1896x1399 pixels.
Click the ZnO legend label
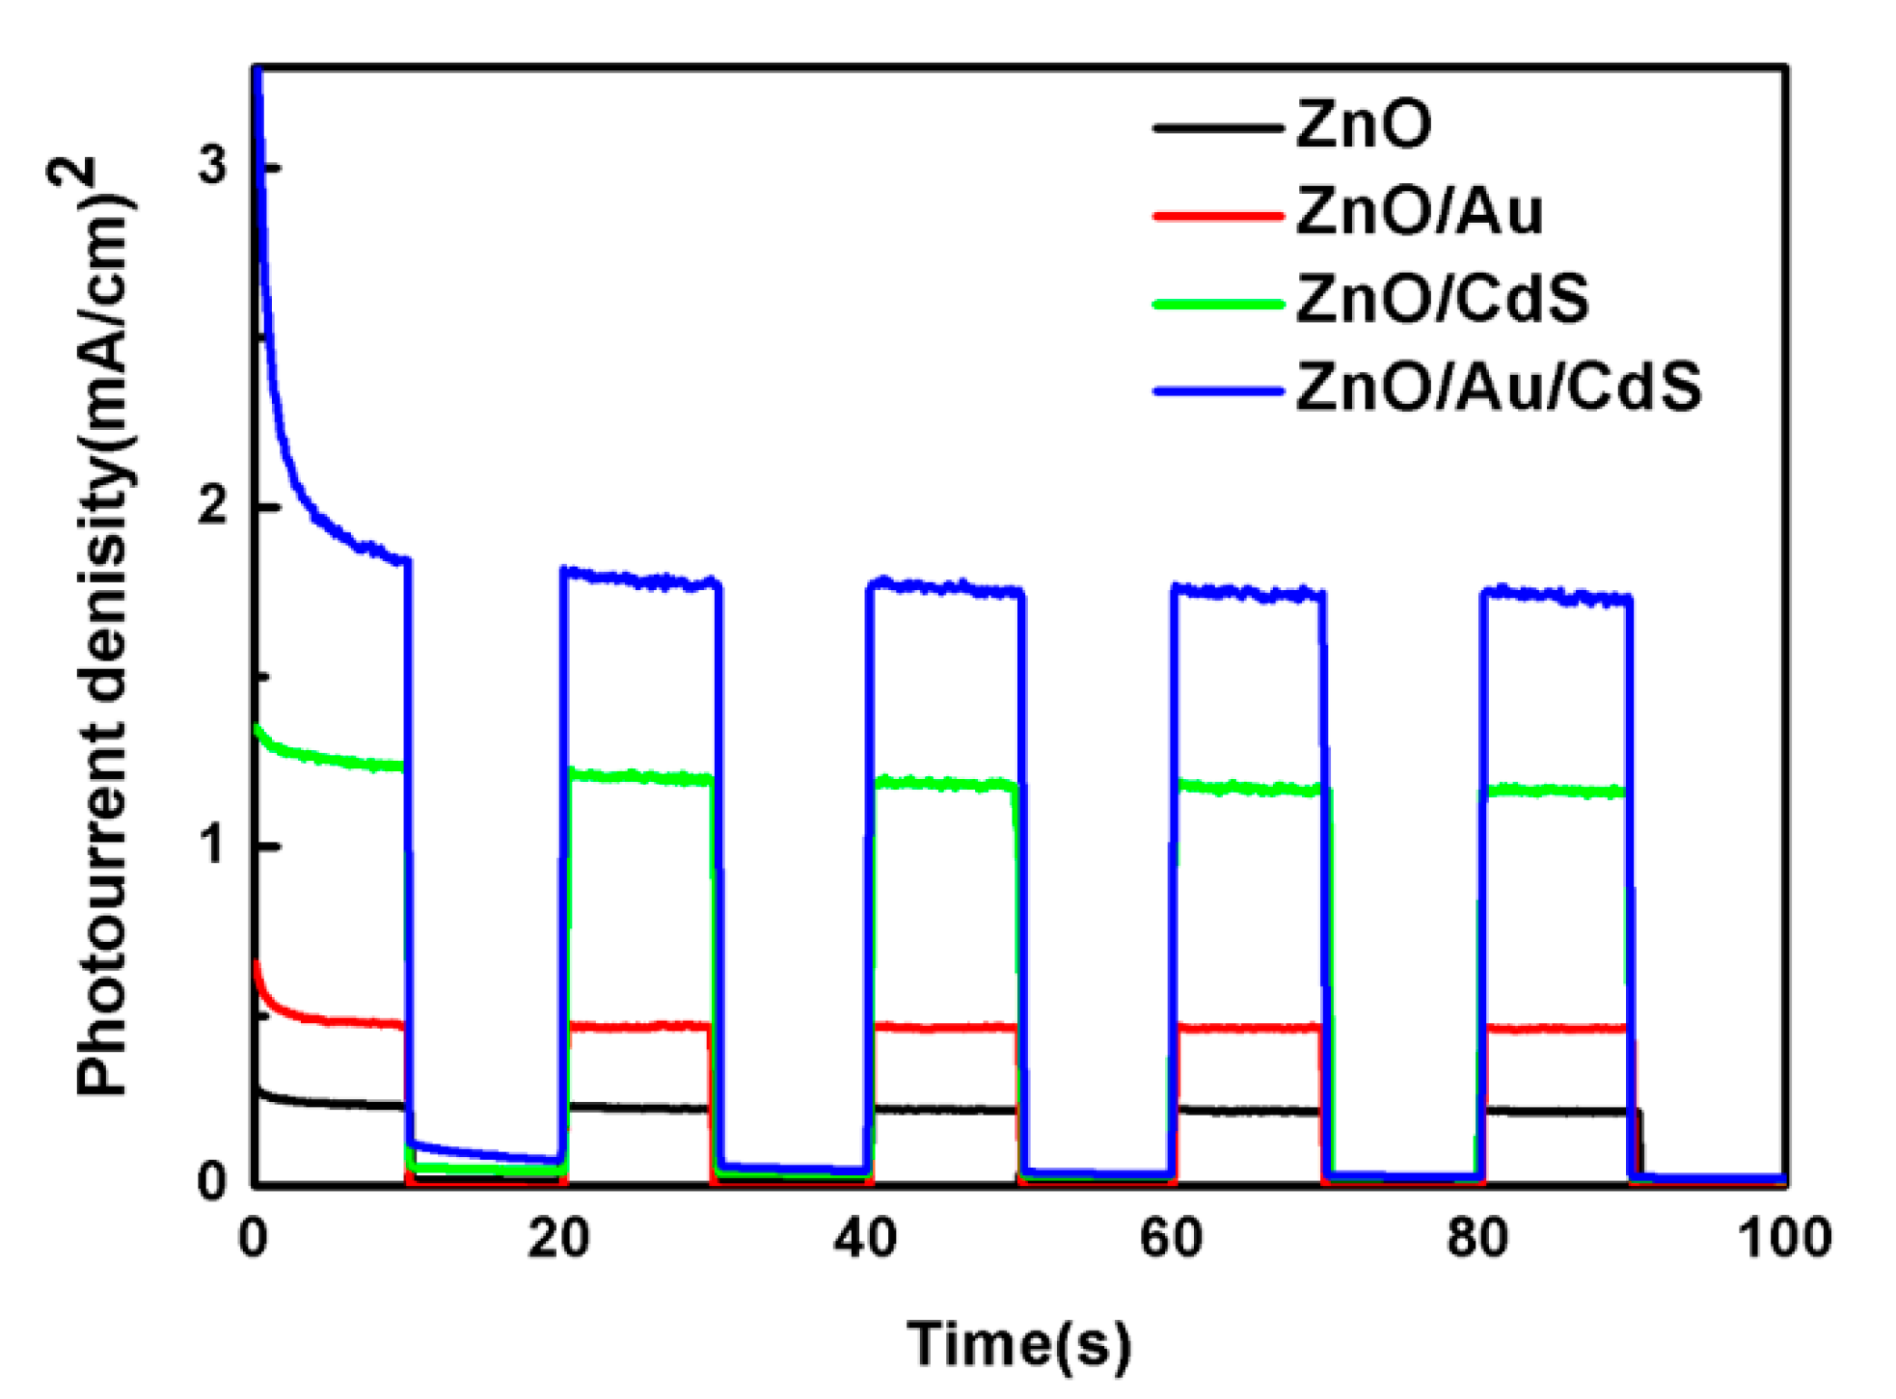(x=1362, y=124)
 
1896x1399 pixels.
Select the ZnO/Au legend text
(x=1418, y=211)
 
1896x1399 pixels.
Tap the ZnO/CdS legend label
(x=1441, y=299)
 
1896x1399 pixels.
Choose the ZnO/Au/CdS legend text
(x=1498, y=388)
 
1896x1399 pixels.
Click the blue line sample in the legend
(x=1217, y=391)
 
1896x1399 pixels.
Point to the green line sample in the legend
(x=1217, y=304)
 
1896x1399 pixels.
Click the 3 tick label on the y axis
(x=211, y=166)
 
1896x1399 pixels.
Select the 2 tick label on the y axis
(x=211, y=505)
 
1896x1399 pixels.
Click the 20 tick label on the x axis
(x=558, y=1238)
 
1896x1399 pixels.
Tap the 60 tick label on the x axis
(x=1171, y=1238)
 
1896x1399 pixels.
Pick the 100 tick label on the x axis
(x=1783, y=1238)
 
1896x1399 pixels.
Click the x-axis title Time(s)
(x=1018, y=1344)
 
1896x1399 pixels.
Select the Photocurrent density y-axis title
(x=101, y=627)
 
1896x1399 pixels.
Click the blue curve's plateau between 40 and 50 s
(x=945, y=588)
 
